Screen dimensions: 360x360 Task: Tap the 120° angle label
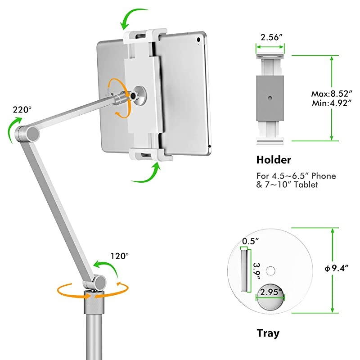pos(119,256)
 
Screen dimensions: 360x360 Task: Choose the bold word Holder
pos(274,160)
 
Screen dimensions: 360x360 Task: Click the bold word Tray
pos(268,333)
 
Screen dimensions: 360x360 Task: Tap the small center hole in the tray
pos(270,271)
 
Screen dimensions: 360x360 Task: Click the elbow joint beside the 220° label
pos(31,134)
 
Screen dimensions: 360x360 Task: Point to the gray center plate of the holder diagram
pos(270,97)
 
